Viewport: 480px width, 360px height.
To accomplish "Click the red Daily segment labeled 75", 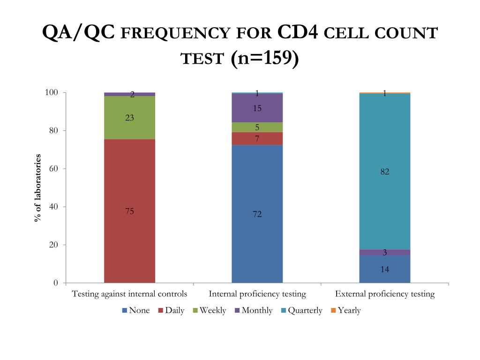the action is (x=129, y=211).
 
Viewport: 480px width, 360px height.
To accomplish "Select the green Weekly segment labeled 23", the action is (x=129, y=118).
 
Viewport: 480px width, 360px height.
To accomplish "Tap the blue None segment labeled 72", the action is (x=257, y=214).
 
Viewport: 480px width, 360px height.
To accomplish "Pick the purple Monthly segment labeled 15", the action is (x=257, y=108).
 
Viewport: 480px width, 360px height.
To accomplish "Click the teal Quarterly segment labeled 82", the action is (x=385, y=172).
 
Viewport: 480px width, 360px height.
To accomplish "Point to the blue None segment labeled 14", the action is (x=385, y=269).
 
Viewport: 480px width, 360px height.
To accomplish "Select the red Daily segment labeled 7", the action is (x=257, y=139).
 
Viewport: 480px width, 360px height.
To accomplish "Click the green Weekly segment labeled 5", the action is (x=257, y=127).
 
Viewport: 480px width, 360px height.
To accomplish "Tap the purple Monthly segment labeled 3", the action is (x=385, y=253).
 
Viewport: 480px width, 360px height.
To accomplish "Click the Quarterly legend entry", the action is (x=302, y=310).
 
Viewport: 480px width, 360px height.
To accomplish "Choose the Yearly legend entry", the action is (x=346, y=310).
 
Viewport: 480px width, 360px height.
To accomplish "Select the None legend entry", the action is (x=136, y=310).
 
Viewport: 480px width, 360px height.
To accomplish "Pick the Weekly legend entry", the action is (x=210, y=310).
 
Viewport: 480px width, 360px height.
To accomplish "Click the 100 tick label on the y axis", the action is (x=52, y=92).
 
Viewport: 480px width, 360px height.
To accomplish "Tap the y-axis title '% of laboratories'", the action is (x=37, y=187).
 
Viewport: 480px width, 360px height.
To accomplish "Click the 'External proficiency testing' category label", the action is (x=385, y=294).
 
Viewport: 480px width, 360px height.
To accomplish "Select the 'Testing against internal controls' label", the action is (x=129, y=294).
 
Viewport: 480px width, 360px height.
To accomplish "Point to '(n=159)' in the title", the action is (x=264, y=58).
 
